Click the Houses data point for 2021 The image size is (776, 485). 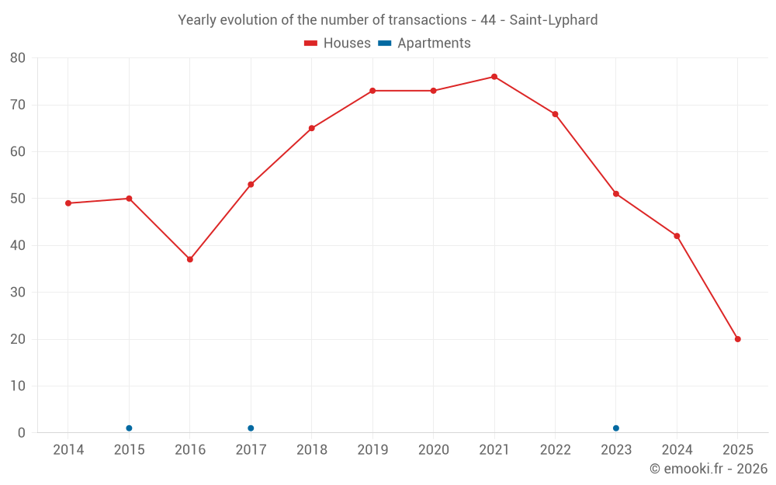[494, 77]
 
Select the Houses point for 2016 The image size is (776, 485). [190, 259]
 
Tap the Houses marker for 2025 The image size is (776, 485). [737, 339]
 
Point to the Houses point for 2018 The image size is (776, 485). [312, 128]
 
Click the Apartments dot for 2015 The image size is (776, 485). [129, 428]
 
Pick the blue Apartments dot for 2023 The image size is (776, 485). [616, 428]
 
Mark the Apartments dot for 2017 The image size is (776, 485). [251, 428]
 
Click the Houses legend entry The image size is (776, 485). [338, 43]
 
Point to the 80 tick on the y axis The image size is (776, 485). [18, 58]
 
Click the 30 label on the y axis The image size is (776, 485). [18, 293]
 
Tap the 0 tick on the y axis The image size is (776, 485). [22, 433]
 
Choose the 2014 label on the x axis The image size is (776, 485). [68, 450]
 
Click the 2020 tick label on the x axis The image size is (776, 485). [433, 450]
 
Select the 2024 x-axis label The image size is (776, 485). [677, 450]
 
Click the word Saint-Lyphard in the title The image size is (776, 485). [553, 20]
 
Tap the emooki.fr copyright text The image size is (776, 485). [708, 469]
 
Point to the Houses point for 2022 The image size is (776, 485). [555, 114]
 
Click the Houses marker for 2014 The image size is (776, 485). [68, 203]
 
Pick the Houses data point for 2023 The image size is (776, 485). [616, 194]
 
